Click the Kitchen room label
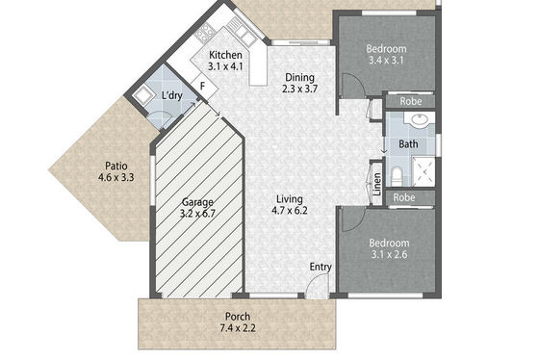[225, 55]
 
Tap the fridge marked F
[204, 86]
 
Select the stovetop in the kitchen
[206, 33]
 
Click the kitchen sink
[243, 33]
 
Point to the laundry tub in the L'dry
[141, 95]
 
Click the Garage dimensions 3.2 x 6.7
[197, 214]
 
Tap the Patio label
[116, 167]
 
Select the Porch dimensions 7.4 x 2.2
[238, 328]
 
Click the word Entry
[321, 268]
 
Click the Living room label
[290, 199]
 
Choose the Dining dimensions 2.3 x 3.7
[299, 90]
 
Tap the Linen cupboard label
[377, 184]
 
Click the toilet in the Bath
[397, 176]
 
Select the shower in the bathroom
[423, 171]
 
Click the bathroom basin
[420, 119]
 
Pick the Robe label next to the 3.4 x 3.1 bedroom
[411, 101]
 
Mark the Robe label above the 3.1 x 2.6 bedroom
[404, 197]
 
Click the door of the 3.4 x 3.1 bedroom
[352, 86]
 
